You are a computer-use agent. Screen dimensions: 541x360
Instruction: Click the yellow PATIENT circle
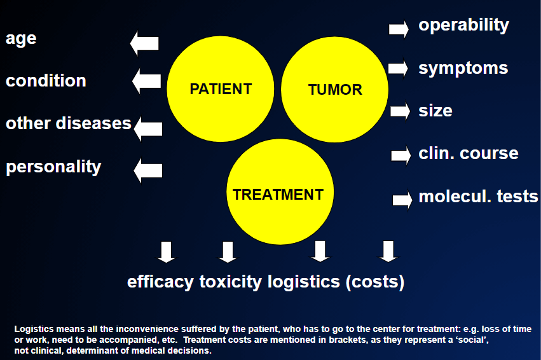click(x=221, y=88)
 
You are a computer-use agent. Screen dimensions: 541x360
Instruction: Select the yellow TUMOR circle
click(x=334, y=89)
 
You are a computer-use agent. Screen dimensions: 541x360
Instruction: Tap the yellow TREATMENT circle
click(x=280, y=191)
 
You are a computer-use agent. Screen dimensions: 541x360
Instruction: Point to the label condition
click(x=46, y=81)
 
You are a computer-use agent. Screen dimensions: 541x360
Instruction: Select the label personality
click(x=53, y=167)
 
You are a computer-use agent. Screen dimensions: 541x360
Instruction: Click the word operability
click(x=463, y=25)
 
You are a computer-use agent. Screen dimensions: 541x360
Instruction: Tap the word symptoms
click(x=463, y=69)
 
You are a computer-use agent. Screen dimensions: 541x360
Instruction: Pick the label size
click(x=435, y=111)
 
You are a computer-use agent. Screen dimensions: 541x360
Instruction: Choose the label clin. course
click(x=468, y=153)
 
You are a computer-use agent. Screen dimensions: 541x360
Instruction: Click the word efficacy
click(x=160, y=282)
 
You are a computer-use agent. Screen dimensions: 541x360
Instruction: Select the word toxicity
click(x=231, y=282)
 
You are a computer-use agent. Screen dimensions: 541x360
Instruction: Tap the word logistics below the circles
click(x=304, y=282)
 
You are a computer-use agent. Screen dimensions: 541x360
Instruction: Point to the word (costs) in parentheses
click(x=375, y=282)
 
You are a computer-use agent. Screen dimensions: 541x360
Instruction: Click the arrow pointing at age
click(x=144, y=43)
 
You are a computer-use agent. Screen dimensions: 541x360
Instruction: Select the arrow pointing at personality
click(x=147, y=170)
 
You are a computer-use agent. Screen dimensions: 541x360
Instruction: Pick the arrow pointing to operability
click(x=399, y=29)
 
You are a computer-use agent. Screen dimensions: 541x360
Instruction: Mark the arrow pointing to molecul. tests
click(x=402, y=200)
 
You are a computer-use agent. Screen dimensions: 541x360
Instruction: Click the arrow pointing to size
click(x=401, y=111)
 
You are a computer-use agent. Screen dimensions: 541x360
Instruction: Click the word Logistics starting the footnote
click(x=34, y=329)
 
